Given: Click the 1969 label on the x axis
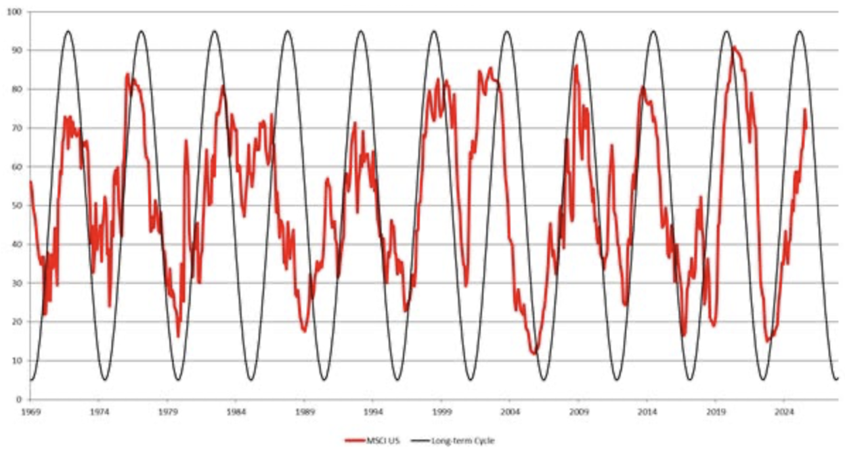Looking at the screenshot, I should pyautogui.click(x=30, y=411).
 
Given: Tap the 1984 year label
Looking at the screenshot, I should pyautogui.click(x=236, y=411).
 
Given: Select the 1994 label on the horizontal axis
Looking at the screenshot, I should pyautogui.click(x=373, y=411).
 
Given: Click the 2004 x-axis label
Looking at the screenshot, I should pyautogui.click(x=510, y=411).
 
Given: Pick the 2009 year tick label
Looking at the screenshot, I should pyautogui.click(x=579, y=411).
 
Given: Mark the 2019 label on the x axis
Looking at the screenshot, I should pyautogui.click(x=716, y=411).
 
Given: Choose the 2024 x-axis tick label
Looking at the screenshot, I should pyautogui.click(x=784, y=411).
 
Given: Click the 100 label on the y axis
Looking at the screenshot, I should pyautogui.click(x=14, y=12).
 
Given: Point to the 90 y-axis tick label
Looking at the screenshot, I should pyautogui.click(x=16, y=51).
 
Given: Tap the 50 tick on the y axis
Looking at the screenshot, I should pyautogui.click(x=16, y=206).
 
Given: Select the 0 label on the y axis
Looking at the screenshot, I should pyautogui.click(x=19, y=399).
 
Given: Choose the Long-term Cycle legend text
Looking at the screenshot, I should pyautogui.click(x=470, y=440).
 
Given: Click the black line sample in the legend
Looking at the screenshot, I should pyautogui.click(x=428, y=440).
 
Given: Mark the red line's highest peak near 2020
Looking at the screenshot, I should pyautogui.click(x=733, y=47).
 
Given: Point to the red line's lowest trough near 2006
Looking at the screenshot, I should pyautogui.click(x=534, y=353).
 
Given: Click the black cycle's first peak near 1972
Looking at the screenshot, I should pyautogui.click(x=68, y=31).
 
